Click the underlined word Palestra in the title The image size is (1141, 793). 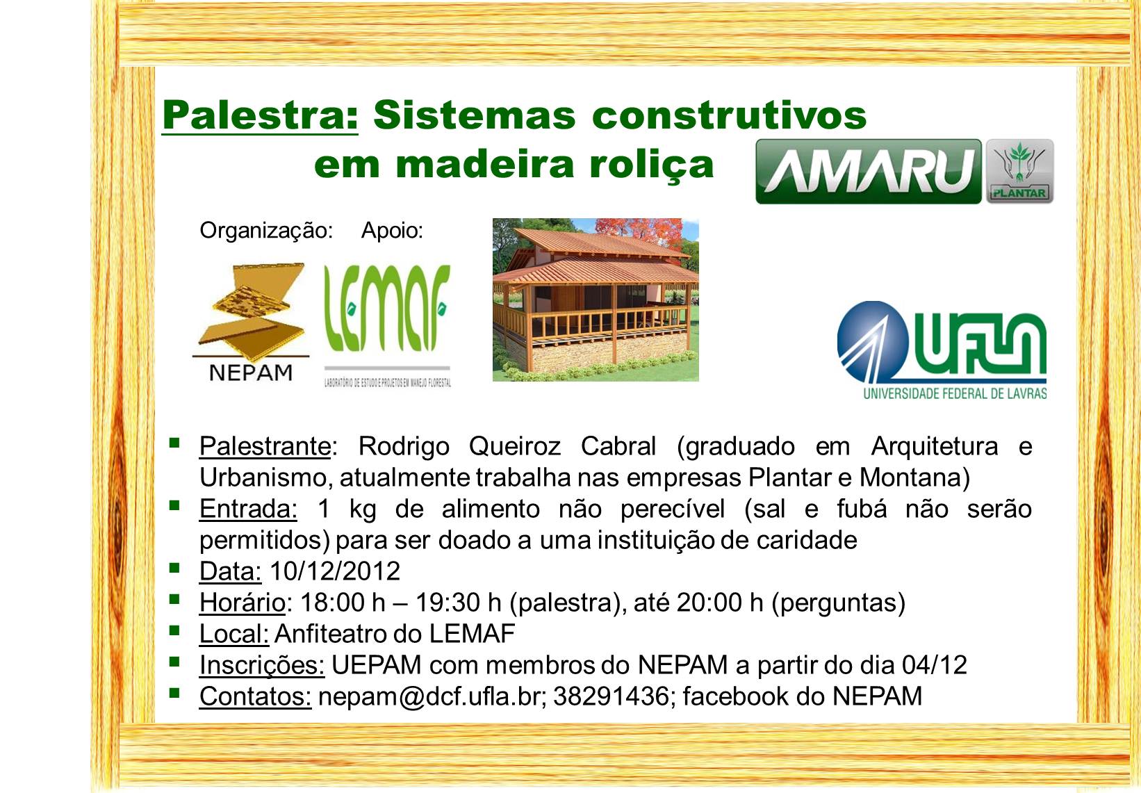tap(260, 115)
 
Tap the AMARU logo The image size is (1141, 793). tap(869, 172)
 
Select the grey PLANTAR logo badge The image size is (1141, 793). tap(1020, 172)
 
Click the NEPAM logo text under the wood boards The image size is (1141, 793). tap(251, 373)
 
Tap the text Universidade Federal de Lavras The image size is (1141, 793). tap(955, 393)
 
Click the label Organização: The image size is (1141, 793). tap(266, 231)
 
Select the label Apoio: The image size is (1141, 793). tap(392, 231)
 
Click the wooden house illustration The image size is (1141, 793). tap(596, 300)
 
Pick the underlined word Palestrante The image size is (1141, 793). tap(265, 447)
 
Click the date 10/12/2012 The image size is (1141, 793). tap(335, 571)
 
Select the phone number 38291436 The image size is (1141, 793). tap(611, 696)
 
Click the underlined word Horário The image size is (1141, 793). tap(243, 603)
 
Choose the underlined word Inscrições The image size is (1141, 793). tap(262, 665)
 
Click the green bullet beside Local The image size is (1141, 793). tap(174, 630)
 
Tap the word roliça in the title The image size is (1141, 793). tap(652, 165)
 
